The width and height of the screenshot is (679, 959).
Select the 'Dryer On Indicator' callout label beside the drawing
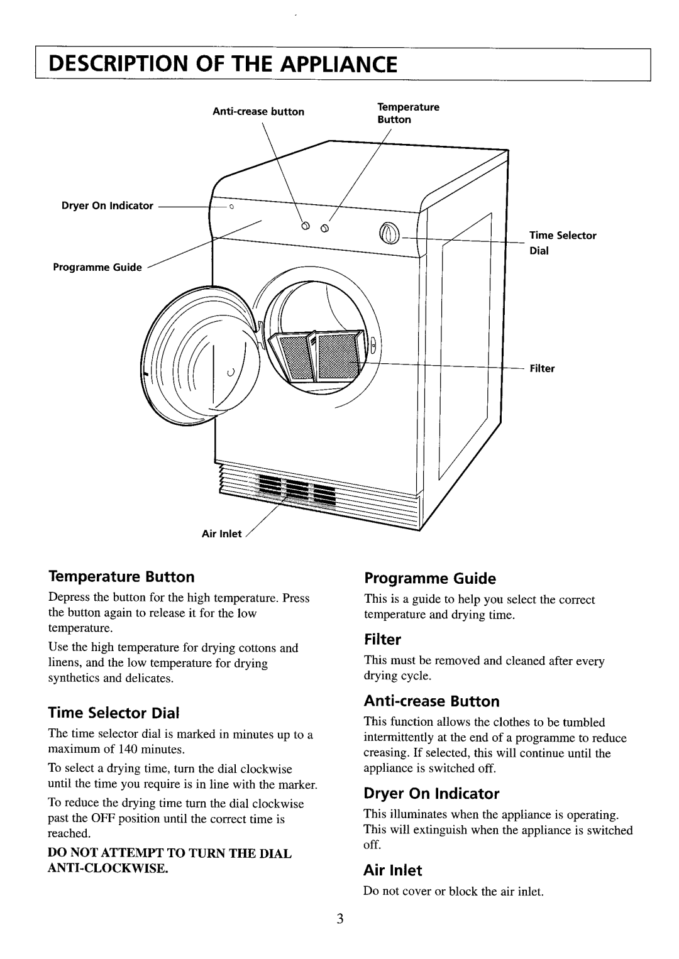click(108, 205)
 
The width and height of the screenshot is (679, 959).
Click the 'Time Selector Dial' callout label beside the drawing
click(562, 242)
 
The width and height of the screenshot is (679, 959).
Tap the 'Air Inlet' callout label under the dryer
click(221, 534)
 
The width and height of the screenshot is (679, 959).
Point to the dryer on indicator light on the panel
click(231, 207)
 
